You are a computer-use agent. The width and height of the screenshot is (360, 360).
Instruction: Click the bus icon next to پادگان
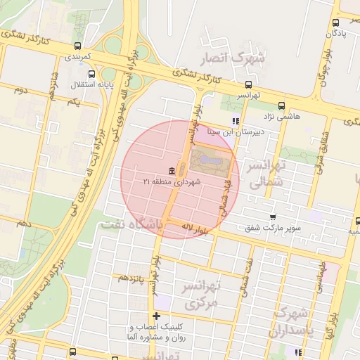[335, 22]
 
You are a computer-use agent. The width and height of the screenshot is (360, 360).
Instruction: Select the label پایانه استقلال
[88, 84]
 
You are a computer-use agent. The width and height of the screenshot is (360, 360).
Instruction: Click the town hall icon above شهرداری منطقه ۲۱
[172, 171]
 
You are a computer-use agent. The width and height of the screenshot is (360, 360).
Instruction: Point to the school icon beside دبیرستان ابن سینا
[236, 121]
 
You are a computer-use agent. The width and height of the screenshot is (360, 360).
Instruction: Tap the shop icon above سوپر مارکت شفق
[273, 217]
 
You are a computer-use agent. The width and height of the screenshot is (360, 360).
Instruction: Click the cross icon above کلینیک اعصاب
[156, 316]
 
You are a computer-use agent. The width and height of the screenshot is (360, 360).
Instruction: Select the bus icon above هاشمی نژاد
[282, 105]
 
